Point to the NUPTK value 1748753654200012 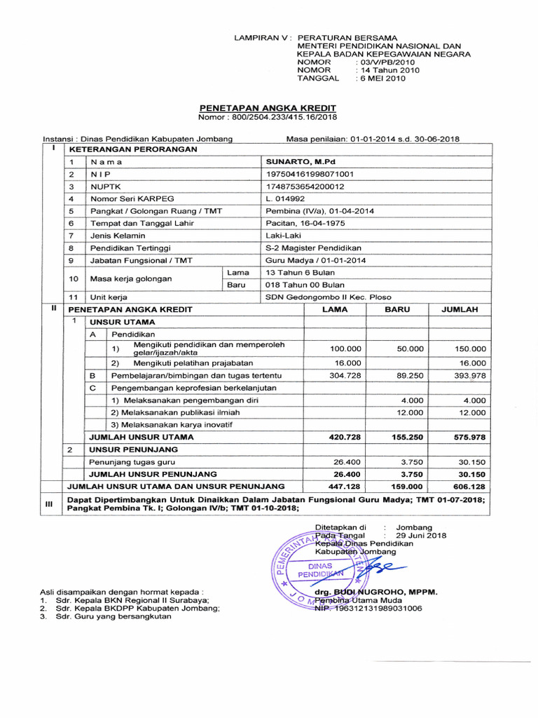pyautogui.click(x=305, y=187)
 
